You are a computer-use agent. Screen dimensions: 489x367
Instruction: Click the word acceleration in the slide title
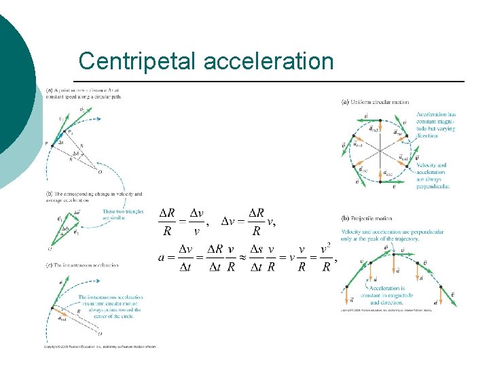click(268, 61)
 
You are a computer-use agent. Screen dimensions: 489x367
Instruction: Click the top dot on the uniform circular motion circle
click(385, 120)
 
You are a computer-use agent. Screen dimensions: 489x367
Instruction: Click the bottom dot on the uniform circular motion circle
click(385, 179)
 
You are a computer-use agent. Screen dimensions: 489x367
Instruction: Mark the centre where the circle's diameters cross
click(385, 150)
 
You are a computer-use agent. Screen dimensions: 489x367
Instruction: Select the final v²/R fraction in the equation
click(325, 258)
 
